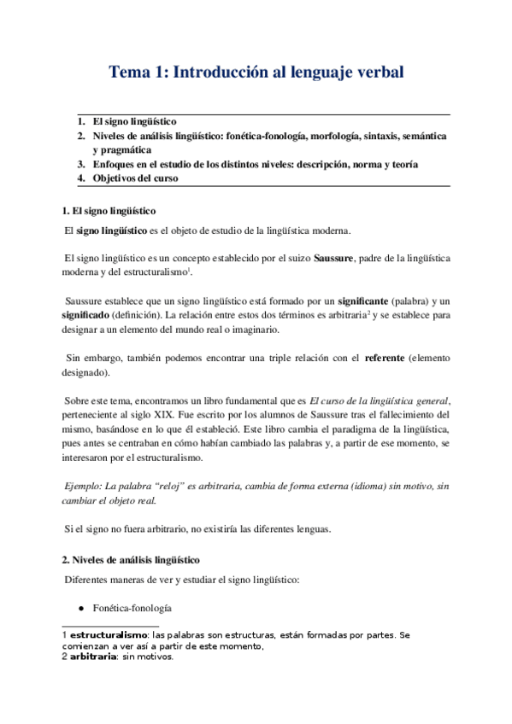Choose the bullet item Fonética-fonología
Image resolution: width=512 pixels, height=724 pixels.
132,608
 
